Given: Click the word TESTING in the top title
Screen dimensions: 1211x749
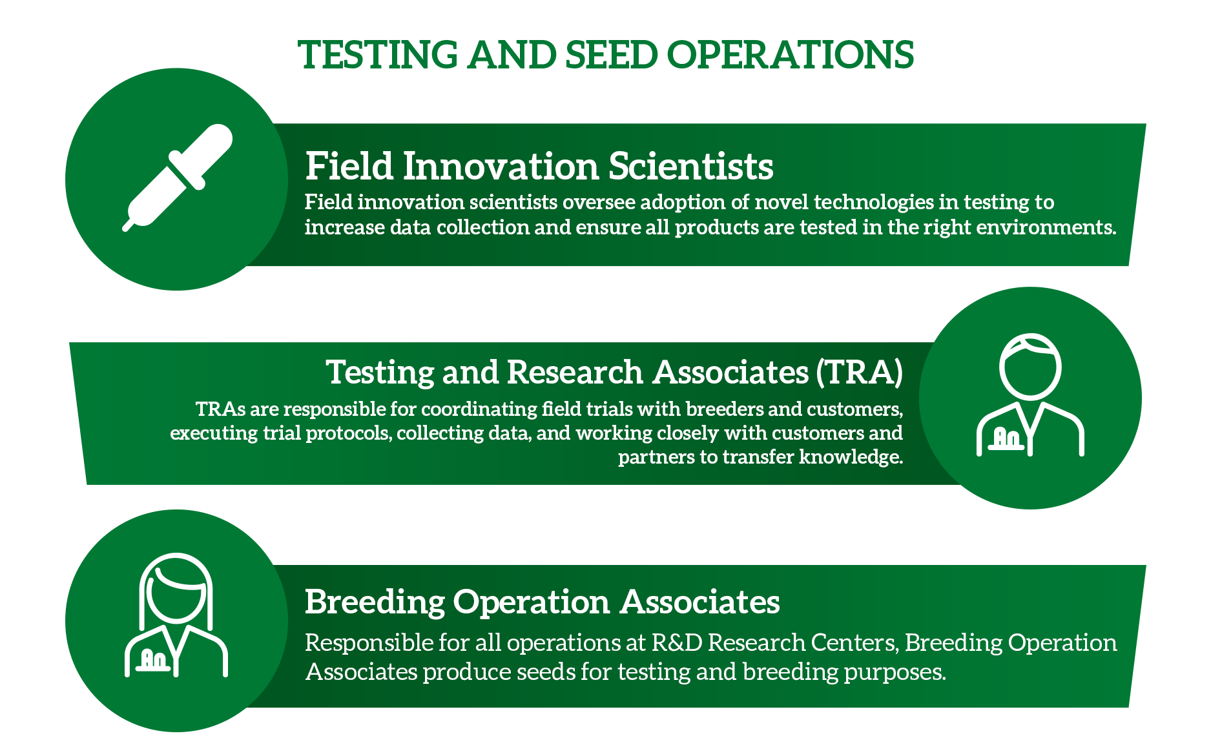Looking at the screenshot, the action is [x=378, y=54].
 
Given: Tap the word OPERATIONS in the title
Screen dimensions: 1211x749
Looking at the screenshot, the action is [x=790, y=54].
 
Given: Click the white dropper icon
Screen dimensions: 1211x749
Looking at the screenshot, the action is [x=178, y=178].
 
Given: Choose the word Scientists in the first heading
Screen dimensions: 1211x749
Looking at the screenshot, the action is [x=690, y=166].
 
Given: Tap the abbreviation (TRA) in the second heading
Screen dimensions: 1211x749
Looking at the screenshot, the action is [x=859, y=373].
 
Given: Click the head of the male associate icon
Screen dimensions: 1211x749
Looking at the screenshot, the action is [x=1030, y=365].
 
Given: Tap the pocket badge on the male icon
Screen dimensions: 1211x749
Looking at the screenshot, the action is [x=1006, y=439].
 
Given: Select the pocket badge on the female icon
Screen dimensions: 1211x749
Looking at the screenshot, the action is [x=154, y=659].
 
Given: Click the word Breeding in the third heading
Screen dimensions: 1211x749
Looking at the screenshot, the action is [x=375, y=602].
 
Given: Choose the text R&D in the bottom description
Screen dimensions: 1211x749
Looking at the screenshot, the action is [x=677, y=643].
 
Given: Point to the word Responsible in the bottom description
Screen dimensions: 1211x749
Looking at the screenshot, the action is [x=369, y=643].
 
